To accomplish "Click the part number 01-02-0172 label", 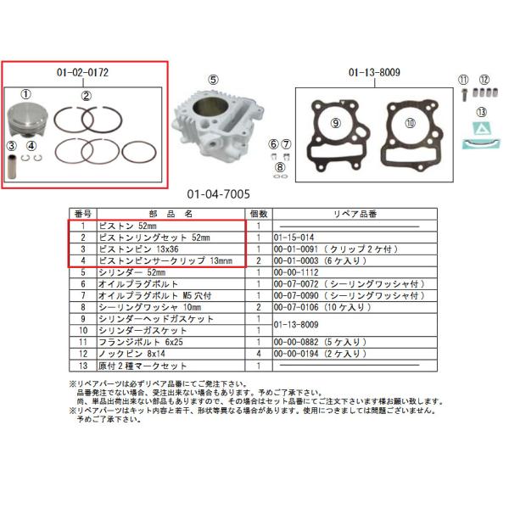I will click(x=83, y=73).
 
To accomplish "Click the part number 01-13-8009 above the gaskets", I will click(x=373, y=73).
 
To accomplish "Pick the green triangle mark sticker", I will click(x=481, y=131).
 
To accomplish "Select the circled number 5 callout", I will click(x=214, y=80).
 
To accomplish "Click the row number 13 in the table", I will click(x=83, y=365).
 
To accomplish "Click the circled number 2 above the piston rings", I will click(x=86, y=95).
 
